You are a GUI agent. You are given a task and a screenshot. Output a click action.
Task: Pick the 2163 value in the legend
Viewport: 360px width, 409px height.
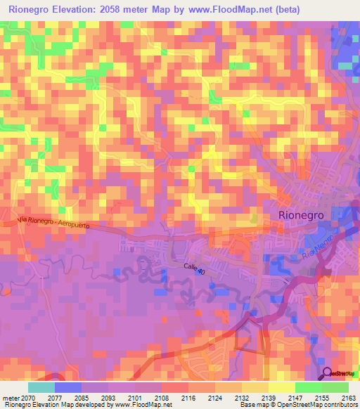(x=348, y=398)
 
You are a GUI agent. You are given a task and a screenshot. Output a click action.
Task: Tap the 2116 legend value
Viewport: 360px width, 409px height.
(x=188, y=398)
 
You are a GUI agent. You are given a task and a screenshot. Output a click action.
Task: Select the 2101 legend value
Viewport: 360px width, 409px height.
(x=134, y=398)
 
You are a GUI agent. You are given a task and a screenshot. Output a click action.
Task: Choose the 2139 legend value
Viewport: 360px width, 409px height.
(x=268, y=398)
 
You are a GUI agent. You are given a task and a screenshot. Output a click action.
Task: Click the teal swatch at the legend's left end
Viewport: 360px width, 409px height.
(x=41, y=387)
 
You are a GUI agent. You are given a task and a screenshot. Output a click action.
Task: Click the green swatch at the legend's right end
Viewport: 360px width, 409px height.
(x=335, y=387)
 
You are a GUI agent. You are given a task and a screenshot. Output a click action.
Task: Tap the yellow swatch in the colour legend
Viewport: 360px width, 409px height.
(x=255, y=387)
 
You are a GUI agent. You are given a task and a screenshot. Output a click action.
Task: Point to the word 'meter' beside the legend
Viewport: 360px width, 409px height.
(x=11, y=398)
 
